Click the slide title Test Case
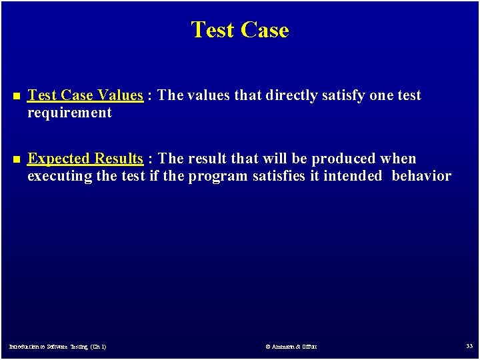(240, 30)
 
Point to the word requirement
(69, 113)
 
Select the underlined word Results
(118, 159)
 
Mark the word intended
(353, 176)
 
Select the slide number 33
(469, 346)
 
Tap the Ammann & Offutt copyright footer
(291, 347)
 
